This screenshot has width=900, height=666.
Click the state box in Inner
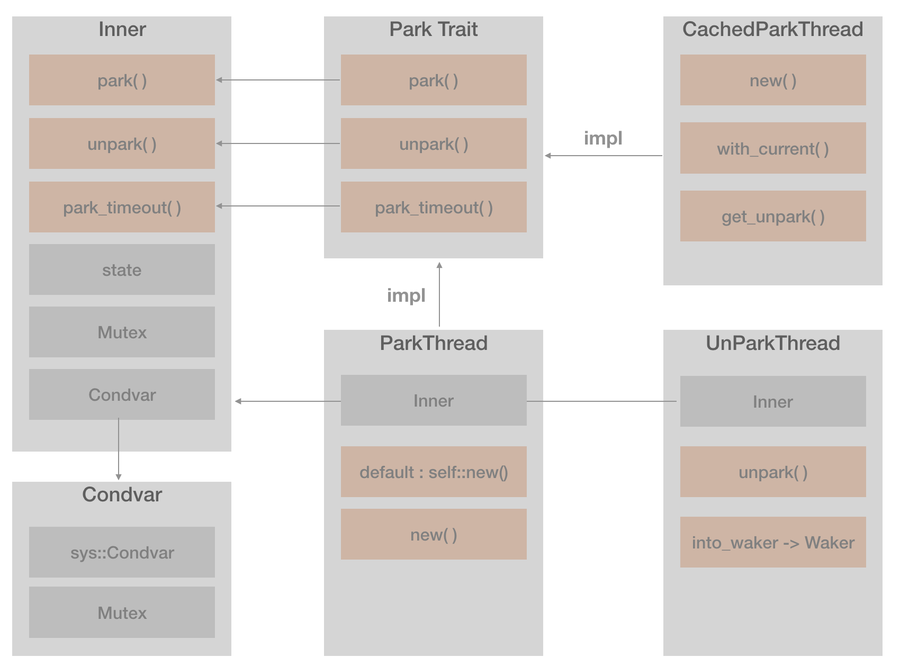coord(122,269)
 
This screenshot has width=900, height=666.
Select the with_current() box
coord(772,148)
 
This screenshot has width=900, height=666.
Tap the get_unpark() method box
coord(772,216)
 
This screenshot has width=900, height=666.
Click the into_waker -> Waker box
coord(772,542)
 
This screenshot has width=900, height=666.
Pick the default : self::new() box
coord(433,472)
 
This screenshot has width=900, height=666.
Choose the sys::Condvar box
coord(122,552)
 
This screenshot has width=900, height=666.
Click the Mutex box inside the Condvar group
coord(122,612)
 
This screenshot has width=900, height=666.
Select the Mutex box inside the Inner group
coord(122,332)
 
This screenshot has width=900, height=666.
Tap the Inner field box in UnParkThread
coord(772,401)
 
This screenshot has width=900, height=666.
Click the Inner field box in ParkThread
coord(433,400)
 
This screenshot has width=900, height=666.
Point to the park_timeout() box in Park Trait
coord(433,207)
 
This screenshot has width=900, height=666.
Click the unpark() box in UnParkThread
coord(772,472)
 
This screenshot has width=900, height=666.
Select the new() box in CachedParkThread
coord(772,80)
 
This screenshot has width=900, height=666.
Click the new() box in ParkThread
coord(433,534)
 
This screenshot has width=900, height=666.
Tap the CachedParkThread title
coord(772,29)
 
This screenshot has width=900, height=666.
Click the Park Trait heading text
coord(433,29)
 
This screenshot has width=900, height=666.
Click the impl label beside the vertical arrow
coord(406,295)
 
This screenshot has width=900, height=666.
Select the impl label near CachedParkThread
coord(602,138)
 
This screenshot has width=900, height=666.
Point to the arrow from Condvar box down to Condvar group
coord(119,450)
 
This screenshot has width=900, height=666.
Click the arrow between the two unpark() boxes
coord(278,143)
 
